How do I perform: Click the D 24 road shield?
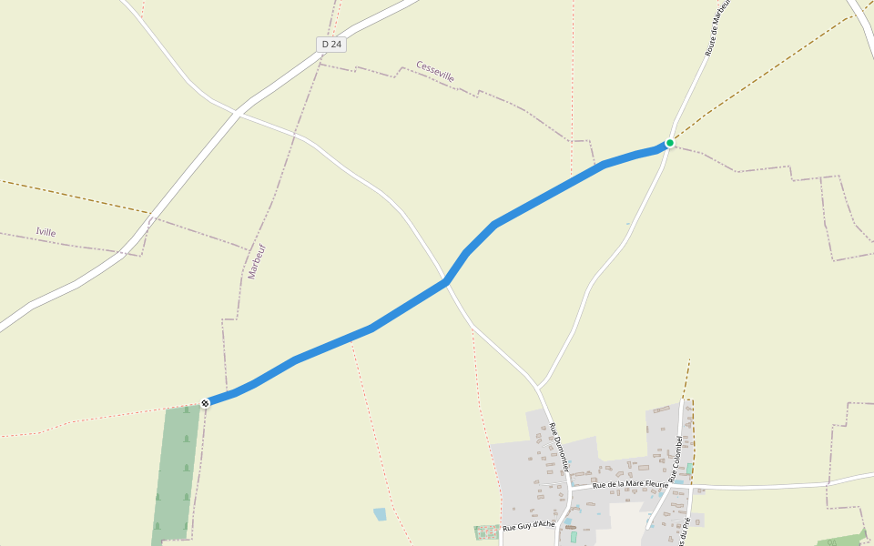coord(331,44)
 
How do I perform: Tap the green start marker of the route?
coord(670,143)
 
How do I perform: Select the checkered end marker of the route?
coord(205,402)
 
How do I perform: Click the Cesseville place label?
coord(435,72)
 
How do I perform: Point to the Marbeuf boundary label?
coord(257,261)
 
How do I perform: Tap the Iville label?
coord(46,232)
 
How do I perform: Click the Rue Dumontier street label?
coord(558,447)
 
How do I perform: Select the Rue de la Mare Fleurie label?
coord(630,484)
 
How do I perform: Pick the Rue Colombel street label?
coord(675,459)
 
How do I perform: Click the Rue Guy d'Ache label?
coord(528,526)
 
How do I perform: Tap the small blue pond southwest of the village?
coord(380,514)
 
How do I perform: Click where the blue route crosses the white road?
coord(447,282)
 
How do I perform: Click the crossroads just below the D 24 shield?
coord(237,113)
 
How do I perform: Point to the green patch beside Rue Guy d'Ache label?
coord(487,532)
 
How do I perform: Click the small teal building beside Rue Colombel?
coord(689,468)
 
